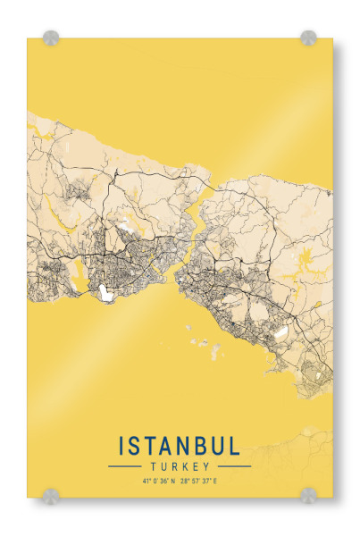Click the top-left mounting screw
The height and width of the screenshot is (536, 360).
coord(52,38)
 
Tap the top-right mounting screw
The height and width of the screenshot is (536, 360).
coord(308,38)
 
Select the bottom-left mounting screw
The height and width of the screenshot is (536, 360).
coord(52,494)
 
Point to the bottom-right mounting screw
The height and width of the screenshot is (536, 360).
coord(308,494)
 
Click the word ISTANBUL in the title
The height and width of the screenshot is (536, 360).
coord(179,446)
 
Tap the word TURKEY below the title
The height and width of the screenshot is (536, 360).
coord(180,466)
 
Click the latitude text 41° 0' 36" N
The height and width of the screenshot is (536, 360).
coord(158,482)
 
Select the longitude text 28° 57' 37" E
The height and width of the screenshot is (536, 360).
coord(202,482)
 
